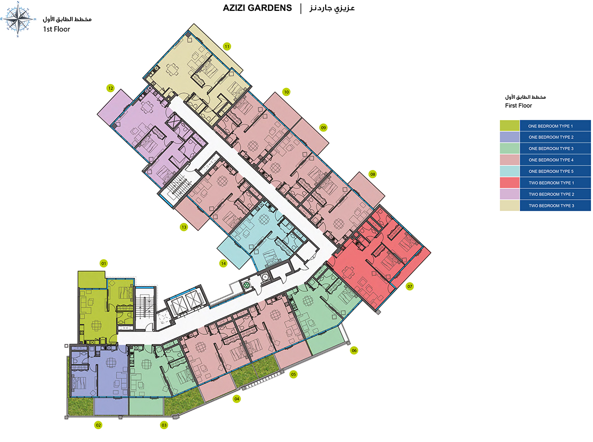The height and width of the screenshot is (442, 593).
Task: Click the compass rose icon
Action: click(x=19, y=19)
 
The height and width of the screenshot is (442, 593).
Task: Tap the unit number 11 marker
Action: click(x=227, y=46)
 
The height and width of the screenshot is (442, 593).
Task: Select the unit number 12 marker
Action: click(x=111, y=88)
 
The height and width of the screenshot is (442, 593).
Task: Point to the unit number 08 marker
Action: click(x=373, y=174)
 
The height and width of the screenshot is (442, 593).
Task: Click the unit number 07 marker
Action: click(x=410, y=286)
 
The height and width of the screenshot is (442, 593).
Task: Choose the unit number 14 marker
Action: click(x=223, y=264)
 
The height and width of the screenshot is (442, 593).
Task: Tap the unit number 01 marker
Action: click(x=104, y=264)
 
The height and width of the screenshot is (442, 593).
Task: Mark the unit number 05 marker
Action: click(x=294, y=374)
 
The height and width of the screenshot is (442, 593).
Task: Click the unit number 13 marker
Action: click(x=184, y=227)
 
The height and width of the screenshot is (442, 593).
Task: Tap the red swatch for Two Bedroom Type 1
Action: click(x=510, y=182)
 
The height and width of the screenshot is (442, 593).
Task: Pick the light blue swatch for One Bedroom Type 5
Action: click(x=510, y=171)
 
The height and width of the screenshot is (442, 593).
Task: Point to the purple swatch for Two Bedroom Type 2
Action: click(x=510, y=194)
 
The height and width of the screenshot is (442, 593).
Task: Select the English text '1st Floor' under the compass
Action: click(x=56, y=29)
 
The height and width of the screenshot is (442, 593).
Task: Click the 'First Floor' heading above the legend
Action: click(x=518, y=106)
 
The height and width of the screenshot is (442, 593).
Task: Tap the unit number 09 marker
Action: click(x=324, y=128)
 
